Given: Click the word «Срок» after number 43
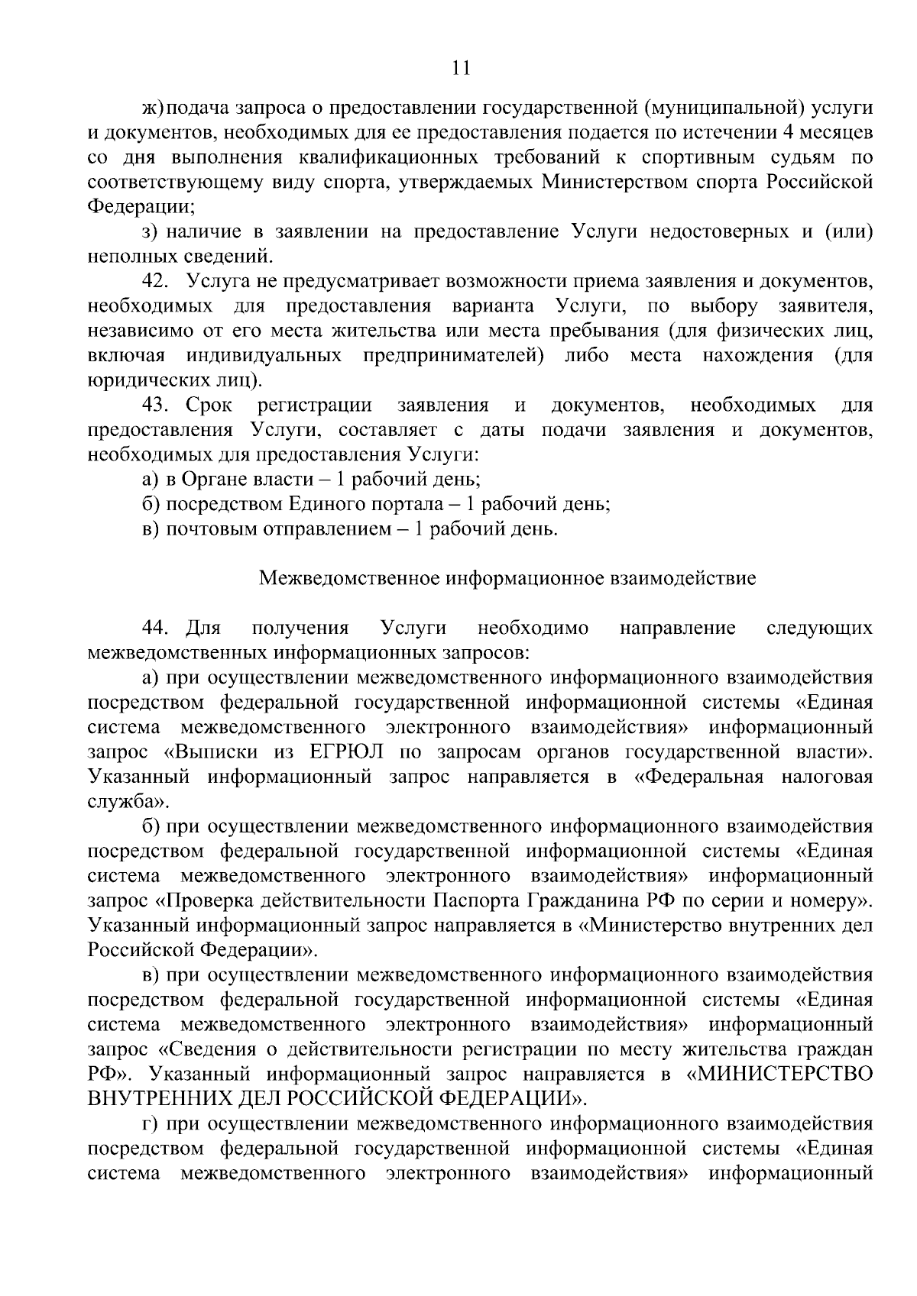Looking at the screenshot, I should point(209,405).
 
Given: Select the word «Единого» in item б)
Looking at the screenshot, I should point(322,504).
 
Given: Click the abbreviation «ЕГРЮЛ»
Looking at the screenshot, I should point(347,752).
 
